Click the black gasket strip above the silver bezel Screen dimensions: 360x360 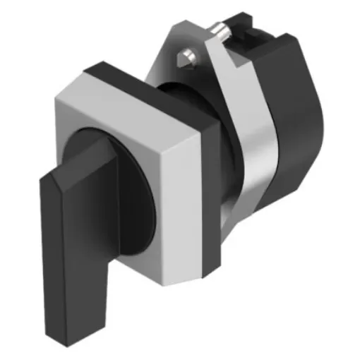click(x=134, y=69)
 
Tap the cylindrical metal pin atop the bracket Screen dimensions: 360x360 click(x=224, y=31)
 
